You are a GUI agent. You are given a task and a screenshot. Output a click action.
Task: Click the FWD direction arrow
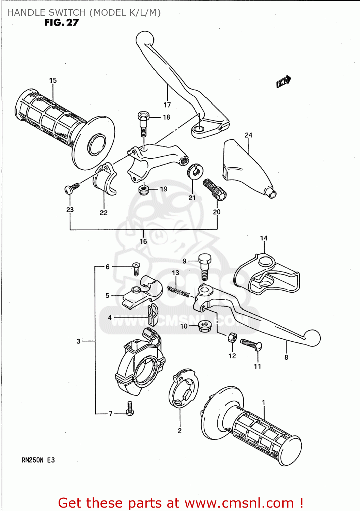click(x=283, y=81)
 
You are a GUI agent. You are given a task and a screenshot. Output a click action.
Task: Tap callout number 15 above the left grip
click(x=53, y=81)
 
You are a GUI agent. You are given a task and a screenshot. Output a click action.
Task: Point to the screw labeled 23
click(x=72, y=187)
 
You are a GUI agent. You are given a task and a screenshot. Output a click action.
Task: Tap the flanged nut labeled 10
click(x=204, y=327)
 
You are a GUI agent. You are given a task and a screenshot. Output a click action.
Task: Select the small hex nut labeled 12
click(x=232, y=338)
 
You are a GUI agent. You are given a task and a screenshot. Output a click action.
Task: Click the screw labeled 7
click(x=130, y=408)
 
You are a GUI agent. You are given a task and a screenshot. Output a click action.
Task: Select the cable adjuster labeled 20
click(x=215, y=190)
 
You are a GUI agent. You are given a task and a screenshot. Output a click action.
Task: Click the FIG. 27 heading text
click(x=62, y=23)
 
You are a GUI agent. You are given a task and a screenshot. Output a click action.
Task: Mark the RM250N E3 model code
click(x=38, y=460)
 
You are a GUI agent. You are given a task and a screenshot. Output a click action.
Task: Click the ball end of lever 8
click(x=312, y=338)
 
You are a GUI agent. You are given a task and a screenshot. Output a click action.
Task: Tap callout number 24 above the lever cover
click(x=248, y=135)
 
